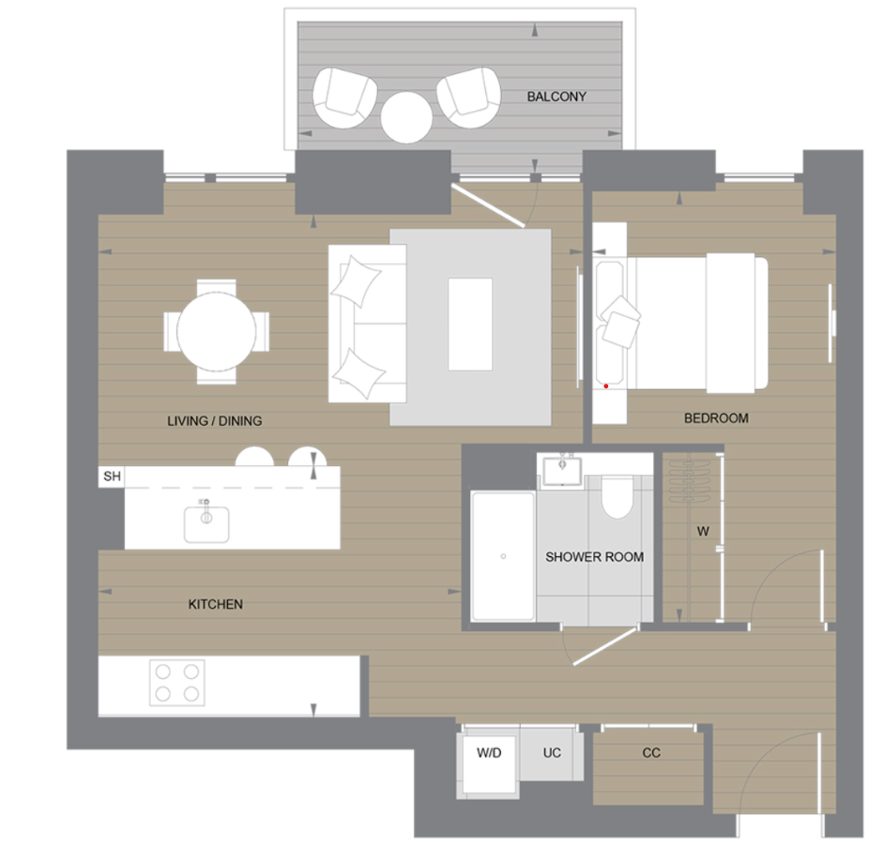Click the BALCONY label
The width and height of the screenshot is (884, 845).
click(556, 97)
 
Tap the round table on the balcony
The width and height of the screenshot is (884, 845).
click(406, 117)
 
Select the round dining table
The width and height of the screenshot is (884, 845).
click(217, 332)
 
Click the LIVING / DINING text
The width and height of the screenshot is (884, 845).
click(215, 421)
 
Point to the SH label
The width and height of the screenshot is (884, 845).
click(112, 476)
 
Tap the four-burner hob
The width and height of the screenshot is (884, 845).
click(177, 682)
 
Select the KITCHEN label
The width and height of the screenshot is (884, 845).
click(216, 605)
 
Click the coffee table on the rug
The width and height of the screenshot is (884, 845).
click(470, 323)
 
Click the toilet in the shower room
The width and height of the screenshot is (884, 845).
click(617, 497)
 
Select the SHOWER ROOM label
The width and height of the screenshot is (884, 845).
click(595, 557)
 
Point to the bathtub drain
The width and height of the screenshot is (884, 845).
click(503, 556)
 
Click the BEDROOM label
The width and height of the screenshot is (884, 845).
click(716, 418)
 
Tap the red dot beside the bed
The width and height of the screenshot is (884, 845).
click(606, 385)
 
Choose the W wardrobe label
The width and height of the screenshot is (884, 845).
click(702, 531)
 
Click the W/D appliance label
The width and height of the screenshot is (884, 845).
click(489, 753)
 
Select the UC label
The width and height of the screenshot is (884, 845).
click(552, 753)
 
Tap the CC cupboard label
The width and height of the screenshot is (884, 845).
click(651, 753)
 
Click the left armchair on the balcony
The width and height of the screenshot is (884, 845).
click(343, 97)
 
